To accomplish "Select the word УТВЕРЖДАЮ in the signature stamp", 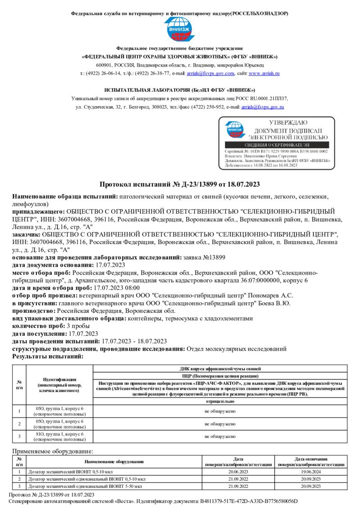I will tap(288, 123).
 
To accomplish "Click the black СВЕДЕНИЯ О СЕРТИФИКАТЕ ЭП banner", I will tap(276, 145).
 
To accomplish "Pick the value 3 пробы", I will tap(78, 326).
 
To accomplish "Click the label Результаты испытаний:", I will tap(48, 356).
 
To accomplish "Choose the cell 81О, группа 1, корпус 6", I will tap(59, 436).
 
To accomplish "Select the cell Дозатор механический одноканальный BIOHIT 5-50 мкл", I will tap(85, 486).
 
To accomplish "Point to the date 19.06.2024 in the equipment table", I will tap(311, 472).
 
